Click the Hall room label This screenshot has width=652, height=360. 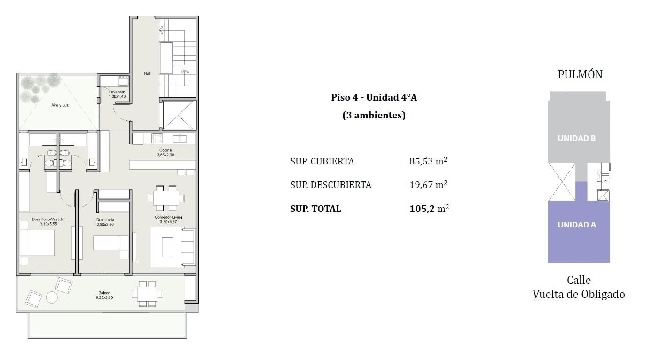(147, 73)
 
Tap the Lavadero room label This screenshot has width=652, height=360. (117, 92)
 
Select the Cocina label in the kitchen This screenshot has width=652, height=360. (165, 150)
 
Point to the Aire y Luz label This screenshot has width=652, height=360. (60, 105)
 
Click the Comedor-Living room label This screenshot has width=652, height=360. (168, 217)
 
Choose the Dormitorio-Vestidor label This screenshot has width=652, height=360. (48, 219)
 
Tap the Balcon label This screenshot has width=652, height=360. (104, 293)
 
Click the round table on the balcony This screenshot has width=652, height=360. (52, 297)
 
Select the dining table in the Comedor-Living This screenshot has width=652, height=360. (166, 198)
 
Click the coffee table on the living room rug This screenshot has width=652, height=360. (167, 247)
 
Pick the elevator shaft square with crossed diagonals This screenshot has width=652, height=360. (179, 115)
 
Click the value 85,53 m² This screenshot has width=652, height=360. (428, 161)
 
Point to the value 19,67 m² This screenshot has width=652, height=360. (428, 185)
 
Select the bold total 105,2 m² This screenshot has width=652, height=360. (429, 208)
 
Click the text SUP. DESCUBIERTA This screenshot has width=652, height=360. (330, 185)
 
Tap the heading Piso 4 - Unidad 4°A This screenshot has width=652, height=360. (374, 97)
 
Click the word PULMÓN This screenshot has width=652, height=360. (580, 75)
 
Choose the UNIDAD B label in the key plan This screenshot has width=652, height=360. (577, 138)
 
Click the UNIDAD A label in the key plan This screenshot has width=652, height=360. (577, 225)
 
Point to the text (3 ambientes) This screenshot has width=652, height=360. (374, 115)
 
